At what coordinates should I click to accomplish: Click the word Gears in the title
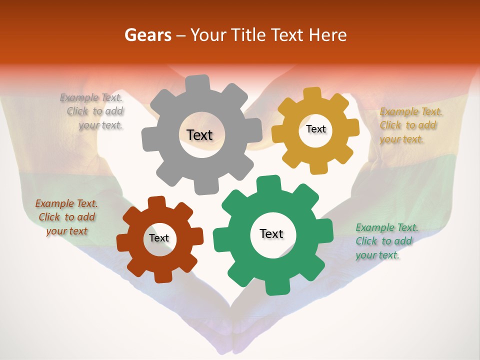pyautogui.click(x=147, y=35)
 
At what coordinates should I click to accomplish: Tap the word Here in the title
pyautogui.click(x=328, y=35)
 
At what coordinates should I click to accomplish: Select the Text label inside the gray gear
pyautogui.click(x=199, y=135)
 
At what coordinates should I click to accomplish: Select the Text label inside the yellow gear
pyautogui.click(x=315, y=129)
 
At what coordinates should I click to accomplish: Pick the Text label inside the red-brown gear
pyautogui.click(x=159, y=238)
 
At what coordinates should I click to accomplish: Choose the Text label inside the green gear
pyautogui.click(x=271, y=233)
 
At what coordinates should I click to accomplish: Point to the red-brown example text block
pyautogui.click(x=66, y=217)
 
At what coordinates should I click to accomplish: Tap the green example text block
pyautogui.click(x=385, y=241)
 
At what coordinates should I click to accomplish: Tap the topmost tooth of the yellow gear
pyautogui.click(x=312, y=94)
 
